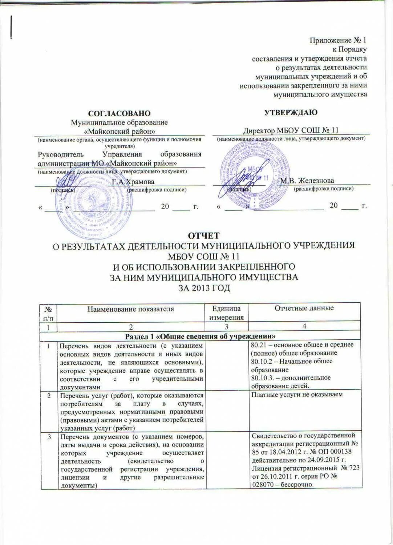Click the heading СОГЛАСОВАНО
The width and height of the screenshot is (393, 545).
tap(119, 114)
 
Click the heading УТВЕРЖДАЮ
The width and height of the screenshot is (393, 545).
tap(290, 112)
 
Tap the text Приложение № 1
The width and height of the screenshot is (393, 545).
tap(338, 40)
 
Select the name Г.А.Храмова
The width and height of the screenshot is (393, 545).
tap(133, 182)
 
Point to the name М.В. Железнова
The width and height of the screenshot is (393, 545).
tap(307, 181)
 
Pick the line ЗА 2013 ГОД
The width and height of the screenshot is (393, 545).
tap(204, 287)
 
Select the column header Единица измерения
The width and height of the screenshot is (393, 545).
tap(226, 312)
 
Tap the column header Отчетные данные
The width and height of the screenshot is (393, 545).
tap(304, 308)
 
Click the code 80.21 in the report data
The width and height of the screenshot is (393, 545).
tap(259, 344)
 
